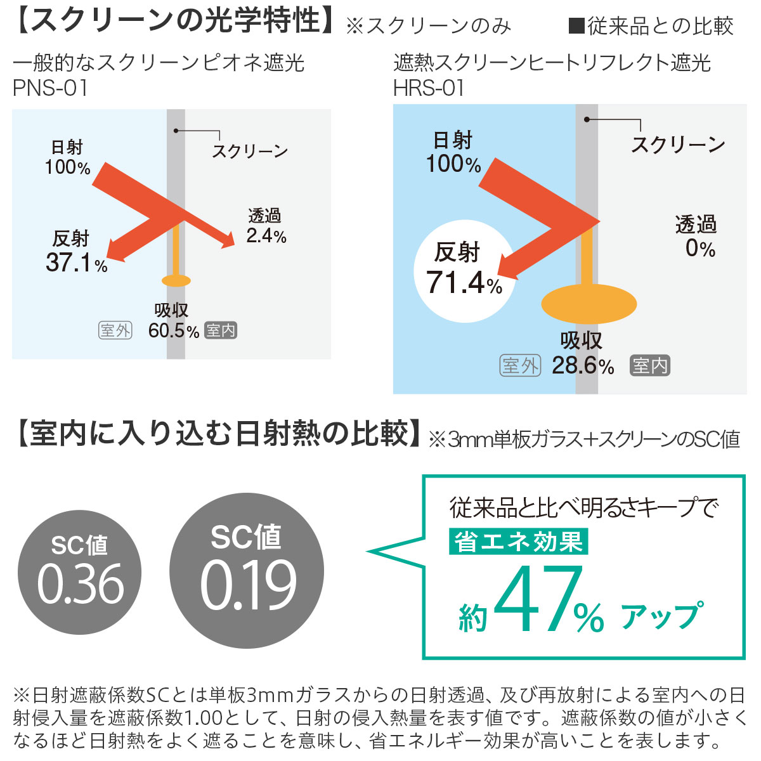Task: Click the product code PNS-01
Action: click(x=50, y=88)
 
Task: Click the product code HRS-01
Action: click(x=429, y=88)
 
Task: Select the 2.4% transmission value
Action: click(x=266, y=236)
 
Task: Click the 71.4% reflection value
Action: click(x=464, y=283)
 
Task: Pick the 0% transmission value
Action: click(x=700, y=248)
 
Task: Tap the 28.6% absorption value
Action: click(x=582, y=366)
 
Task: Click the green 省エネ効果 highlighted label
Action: click(x=519, y=542)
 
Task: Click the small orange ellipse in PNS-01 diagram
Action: click(x=176, y=280)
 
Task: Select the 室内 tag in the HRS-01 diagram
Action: click(x=650, y=366)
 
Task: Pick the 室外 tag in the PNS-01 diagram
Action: click(x=115, y=330)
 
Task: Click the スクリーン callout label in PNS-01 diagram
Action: click(x=250, y=151)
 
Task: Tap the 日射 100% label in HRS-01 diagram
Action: click(x=453, y=152)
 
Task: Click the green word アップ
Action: click(x=661, y=615)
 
